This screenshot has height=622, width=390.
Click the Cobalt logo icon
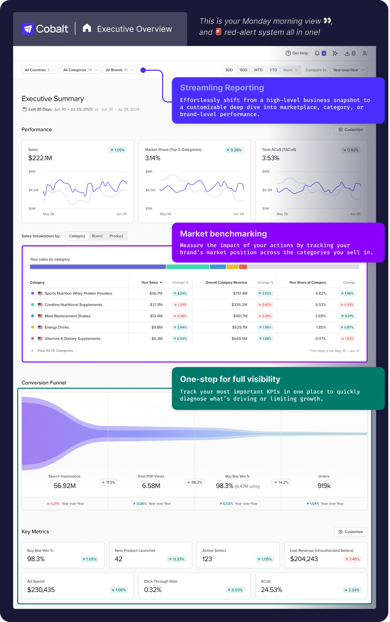pyautogui.click(x=28, y=29)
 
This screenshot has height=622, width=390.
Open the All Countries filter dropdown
pyautogui.click(x=39, y=70)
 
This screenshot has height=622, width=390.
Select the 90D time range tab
pyautogui.click(x=243, y=70)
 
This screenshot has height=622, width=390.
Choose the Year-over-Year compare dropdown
pyautogui.click(x=348, y=70)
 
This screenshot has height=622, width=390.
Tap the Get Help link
pyautogui.click(x=297, y=53)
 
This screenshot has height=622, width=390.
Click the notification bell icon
pyautogui.click(x=317, y=53)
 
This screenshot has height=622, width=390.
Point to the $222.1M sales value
pyautogui.click(x=40, y=158)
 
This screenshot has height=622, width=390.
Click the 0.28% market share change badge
pyautogui.click(x=234, y=150)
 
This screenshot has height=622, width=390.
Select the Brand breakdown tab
pyautogui.click(x=97, y=236)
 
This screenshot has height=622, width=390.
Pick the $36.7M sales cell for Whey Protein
pyautogui.click(x=156, y=293)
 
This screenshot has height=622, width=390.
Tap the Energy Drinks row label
pyautogui.click(x=57, y=327)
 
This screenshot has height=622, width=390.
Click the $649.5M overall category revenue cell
pyautogui.click(x=239, y=339)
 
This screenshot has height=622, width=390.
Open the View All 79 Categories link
pyautogui.click(x=55, y=351)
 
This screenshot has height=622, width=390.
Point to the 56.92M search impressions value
pyautogui.click(x=64, y=486)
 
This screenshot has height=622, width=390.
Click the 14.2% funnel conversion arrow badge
pyautogui.click(x=281, y=482)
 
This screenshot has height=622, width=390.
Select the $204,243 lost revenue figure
pyautogui.click(x=304, y=559)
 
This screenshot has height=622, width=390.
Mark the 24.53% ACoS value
pyautogui.click(x=271, y=590)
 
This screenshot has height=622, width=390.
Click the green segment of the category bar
pyautogui.click(x=187, y=267)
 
